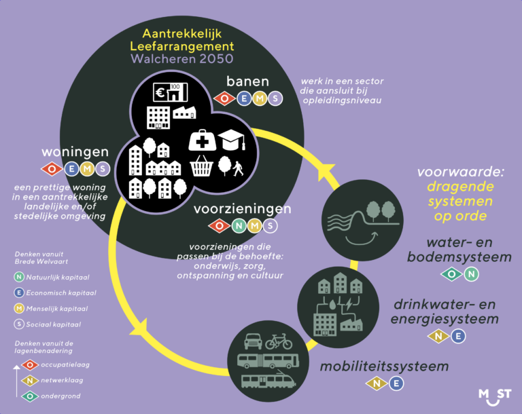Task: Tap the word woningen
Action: (75, 151)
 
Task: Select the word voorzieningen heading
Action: (243, 209)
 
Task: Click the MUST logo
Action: (495, 395)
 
